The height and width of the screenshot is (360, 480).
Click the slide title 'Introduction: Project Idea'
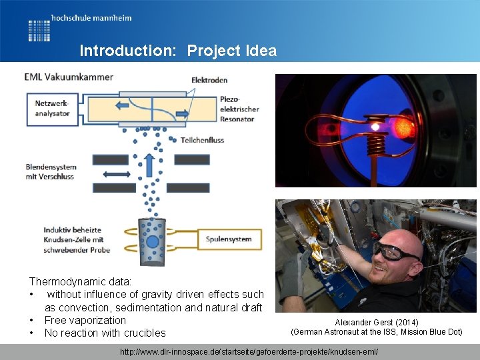pyautogui.click(x=177, y=51)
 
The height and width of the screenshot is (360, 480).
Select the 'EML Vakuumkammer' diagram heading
pyautogui.click(x=69, y=77)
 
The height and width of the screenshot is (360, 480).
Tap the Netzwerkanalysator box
pyautogui.click(x=52, y=109)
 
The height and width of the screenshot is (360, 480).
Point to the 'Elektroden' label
pyautogui.click(x=209, y=81)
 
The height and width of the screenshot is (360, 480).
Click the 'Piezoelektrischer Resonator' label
pyautogui.click(x=239, y=109)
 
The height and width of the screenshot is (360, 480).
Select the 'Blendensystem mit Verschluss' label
pyautogui.click(x=51, y=171)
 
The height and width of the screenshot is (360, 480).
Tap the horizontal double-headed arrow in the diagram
pyautogui.click(x=117, y=173)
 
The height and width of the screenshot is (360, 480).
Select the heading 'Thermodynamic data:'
pyautogui.click(x=80, y=282)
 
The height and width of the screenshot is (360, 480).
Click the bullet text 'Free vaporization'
pyautogui.click(x=85, y=320)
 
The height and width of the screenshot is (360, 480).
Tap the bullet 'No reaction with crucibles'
pyautogui.click(x=105, y=333)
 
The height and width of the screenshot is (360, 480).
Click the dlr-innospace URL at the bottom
pyautogui.click(x=248, y=351)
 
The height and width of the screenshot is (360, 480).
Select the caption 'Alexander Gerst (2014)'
pyautogui.click(x=377, y=322)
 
